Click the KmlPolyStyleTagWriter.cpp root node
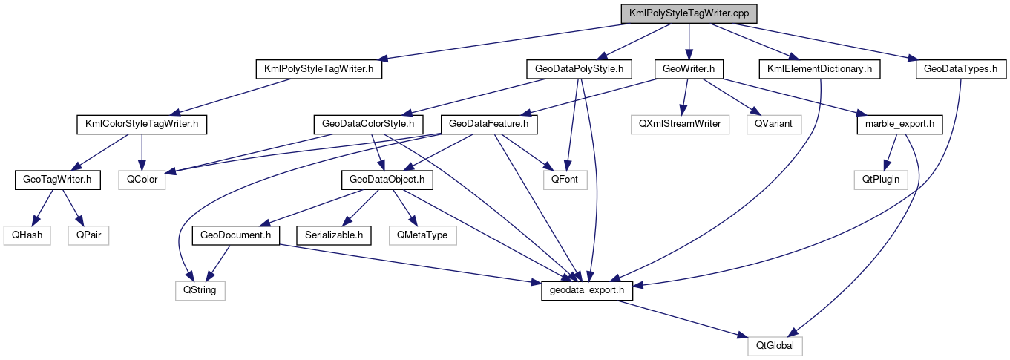point(689,14)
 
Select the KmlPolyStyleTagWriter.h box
point(318,69)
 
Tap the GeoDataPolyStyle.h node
point(578,69)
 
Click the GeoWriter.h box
point(688,69)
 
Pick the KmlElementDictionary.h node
point(819,69)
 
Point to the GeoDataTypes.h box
point(961,69)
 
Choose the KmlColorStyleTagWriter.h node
point(141,124)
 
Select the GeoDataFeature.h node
point(488,124)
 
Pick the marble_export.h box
point(899,124)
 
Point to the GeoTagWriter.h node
point(57,179)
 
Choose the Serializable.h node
point(334,235)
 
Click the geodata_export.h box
point(587,290)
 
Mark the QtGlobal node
point(775,346)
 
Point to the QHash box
point(26,235)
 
